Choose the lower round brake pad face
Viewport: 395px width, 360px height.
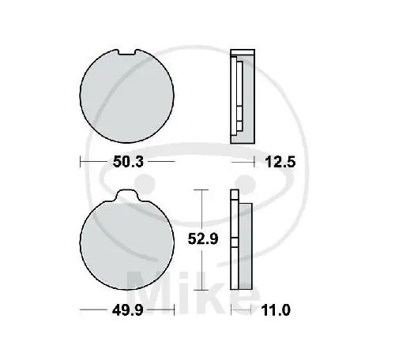pyautogui.click(x=129, y=246)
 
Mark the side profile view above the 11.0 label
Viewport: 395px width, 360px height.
pyautogui.click(x=240, y=243)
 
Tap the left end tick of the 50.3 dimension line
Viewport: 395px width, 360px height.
pyautogui.click(x=82, y=163)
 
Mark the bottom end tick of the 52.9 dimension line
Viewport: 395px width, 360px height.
pyautogui.click(x=205, y=293)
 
